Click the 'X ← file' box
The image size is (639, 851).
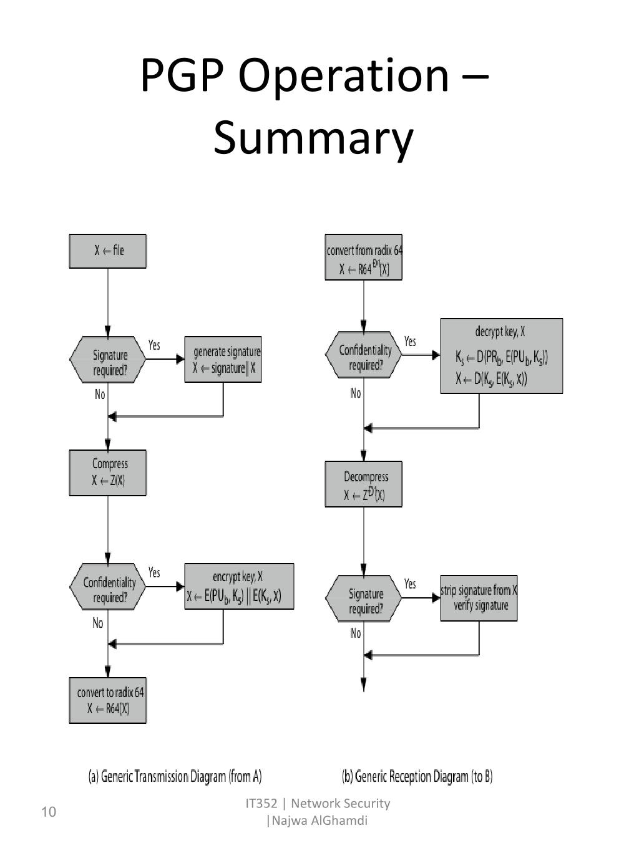(x=108, y=251)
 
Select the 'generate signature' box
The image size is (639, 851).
(x=223, y=360)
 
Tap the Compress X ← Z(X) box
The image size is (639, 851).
(x=108, y=473)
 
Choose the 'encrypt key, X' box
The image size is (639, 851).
(x=239, y=587)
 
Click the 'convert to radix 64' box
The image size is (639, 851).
(x=108, y=700)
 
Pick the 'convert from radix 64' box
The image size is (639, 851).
(x=364, y=257)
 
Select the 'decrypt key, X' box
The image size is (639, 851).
(x=501, y=356)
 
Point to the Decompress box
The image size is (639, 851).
(x=364, y=484)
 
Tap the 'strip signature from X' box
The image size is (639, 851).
(x=479, y=598)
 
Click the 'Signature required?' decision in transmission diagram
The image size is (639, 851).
(x=108, y=360)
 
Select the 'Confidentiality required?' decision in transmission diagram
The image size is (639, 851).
(x=108, y=587)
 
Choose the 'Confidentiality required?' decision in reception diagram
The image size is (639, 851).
(x=364, y=355)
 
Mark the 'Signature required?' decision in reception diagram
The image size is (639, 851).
(x=364, y=598)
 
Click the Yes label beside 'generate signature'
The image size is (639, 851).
(x=154, y=345)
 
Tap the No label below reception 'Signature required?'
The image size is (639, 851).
(x=356, y=633)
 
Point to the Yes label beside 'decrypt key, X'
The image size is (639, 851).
(x=410, y=342)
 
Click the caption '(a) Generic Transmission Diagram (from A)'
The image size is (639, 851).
(x=175, y=776)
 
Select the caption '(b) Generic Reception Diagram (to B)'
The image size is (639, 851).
(x=417, y=776)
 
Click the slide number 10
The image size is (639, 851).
(x=49, y=812)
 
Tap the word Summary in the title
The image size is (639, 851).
(x=313, y=138)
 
